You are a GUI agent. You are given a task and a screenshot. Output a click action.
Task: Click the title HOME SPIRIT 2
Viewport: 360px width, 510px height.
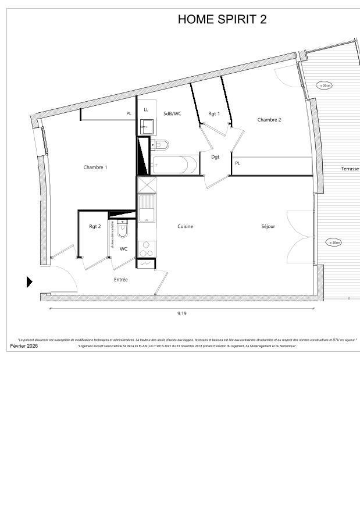(222, 19)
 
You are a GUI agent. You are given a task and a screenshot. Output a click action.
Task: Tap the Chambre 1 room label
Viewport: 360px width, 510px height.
(95, 167)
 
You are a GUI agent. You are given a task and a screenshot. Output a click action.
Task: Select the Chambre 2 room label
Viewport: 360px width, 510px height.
(269, 120)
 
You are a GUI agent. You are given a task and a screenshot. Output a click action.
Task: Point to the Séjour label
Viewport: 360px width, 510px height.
(268, 226)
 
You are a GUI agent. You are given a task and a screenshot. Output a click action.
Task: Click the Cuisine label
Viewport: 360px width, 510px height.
(185, 226)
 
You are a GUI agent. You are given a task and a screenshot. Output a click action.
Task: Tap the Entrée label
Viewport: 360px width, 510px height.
(121, 280)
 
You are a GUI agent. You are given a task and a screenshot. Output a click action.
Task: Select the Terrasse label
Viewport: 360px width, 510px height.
(350, 169)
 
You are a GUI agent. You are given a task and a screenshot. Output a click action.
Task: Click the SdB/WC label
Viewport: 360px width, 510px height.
(172, 113)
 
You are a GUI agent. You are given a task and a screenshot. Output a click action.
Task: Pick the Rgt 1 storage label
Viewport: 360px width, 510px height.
(214, 113)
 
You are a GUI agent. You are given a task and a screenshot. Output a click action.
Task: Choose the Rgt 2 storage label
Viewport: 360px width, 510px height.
(95, 226)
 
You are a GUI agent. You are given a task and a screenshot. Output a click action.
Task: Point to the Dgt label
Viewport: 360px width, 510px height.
(215, 157)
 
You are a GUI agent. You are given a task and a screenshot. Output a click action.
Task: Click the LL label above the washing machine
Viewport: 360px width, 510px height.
(146, 109)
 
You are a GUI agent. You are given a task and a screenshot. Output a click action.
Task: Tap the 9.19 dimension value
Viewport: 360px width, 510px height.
(182, 313)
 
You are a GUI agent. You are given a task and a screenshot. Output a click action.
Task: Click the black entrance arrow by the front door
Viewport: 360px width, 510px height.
(30, 282)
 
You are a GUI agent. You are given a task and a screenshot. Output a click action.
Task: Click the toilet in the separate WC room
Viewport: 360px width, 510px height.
(122, 230)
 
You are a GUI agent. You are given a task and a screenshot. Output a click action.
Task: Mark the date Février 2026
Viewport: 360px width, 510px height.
(24, 346)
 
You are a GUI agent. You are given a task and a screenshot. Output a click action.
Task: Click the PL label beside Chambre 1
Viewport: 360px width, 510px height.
(129, 114)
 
